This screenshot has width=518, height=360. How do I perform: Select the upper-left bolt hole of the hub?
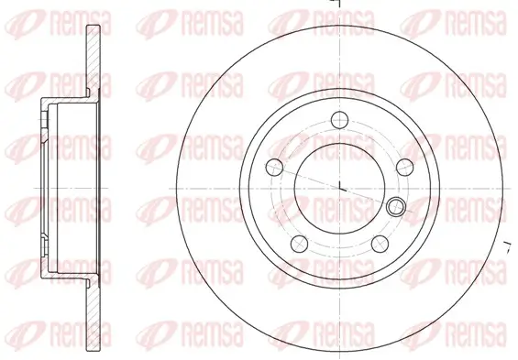click(x=273, y=167)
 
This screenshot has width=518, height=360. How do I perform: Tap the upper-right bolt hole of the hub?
click(x=403, y=166)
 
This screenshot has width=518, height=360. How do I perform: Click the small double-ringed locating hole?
click(x=396, y=205)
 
